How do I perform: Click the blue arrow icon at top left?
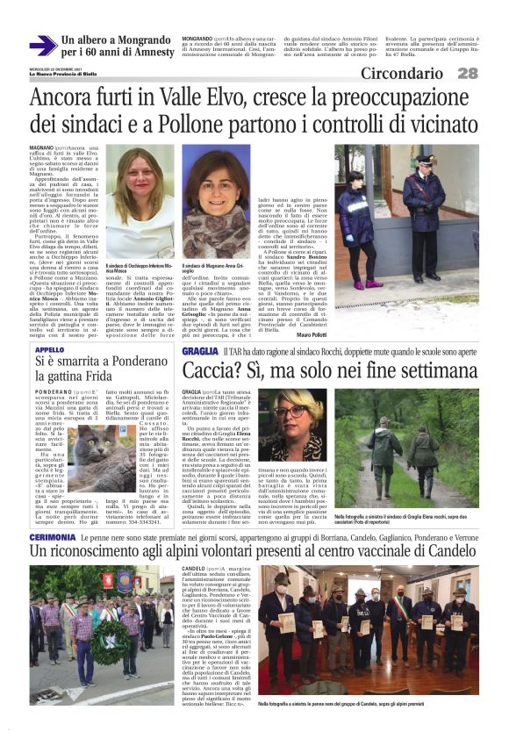40,47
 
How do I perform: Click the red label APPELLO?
49,349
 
